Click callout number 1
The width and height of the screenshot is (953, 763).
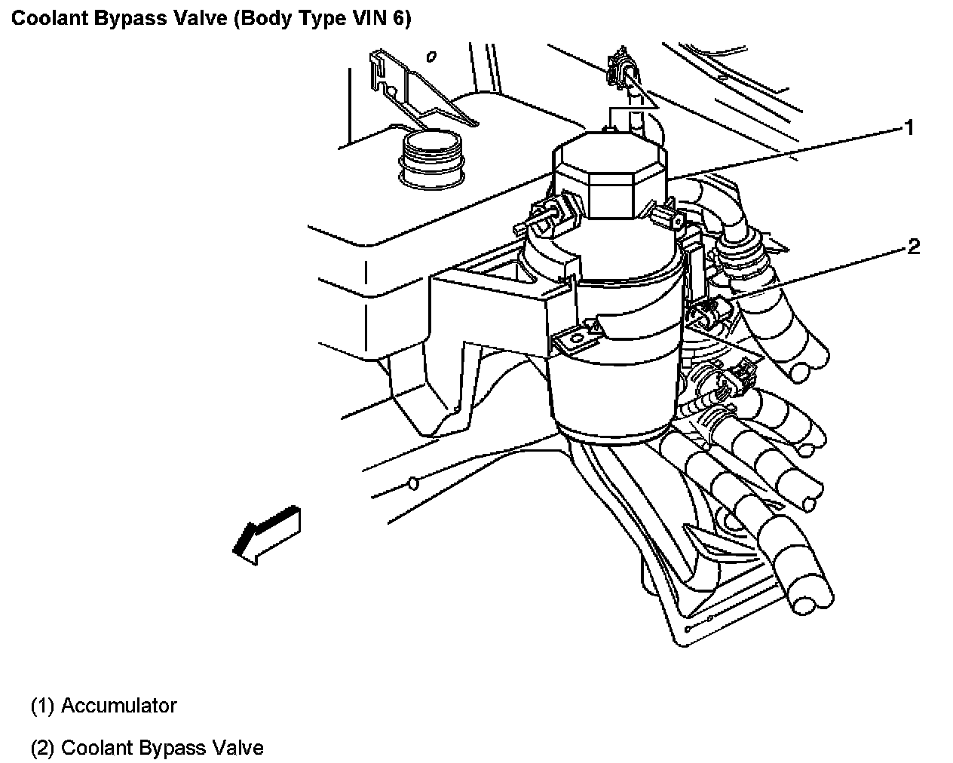pos(909,128)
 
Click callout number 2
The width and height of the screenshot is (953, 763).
pos(913,247)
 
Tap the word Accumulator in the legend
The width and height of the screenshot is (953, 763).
pos(118,706)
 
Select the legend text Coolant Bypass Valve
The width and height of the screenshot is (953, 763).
pos(162,749)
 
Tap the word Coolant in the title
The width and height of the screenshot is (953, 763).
pos(49,20)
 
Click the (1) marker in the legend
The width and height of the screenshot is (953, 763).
pos(42,706)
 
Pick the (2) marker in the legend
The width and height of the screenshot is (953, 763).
pos(42,749)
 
